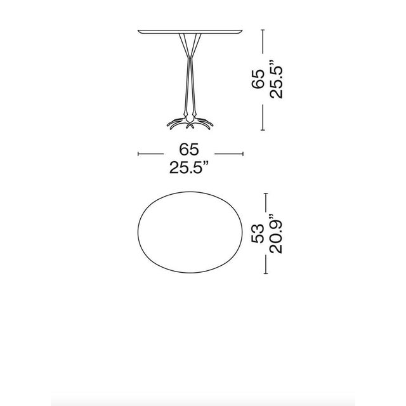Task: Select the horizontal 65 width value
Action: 190,150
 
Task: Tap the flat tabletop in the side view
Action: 190,30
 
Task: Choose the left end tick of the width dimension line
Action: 138,153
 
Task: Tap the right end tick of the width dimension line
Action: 243,153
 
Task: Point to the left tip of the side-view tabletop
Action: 138,30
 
